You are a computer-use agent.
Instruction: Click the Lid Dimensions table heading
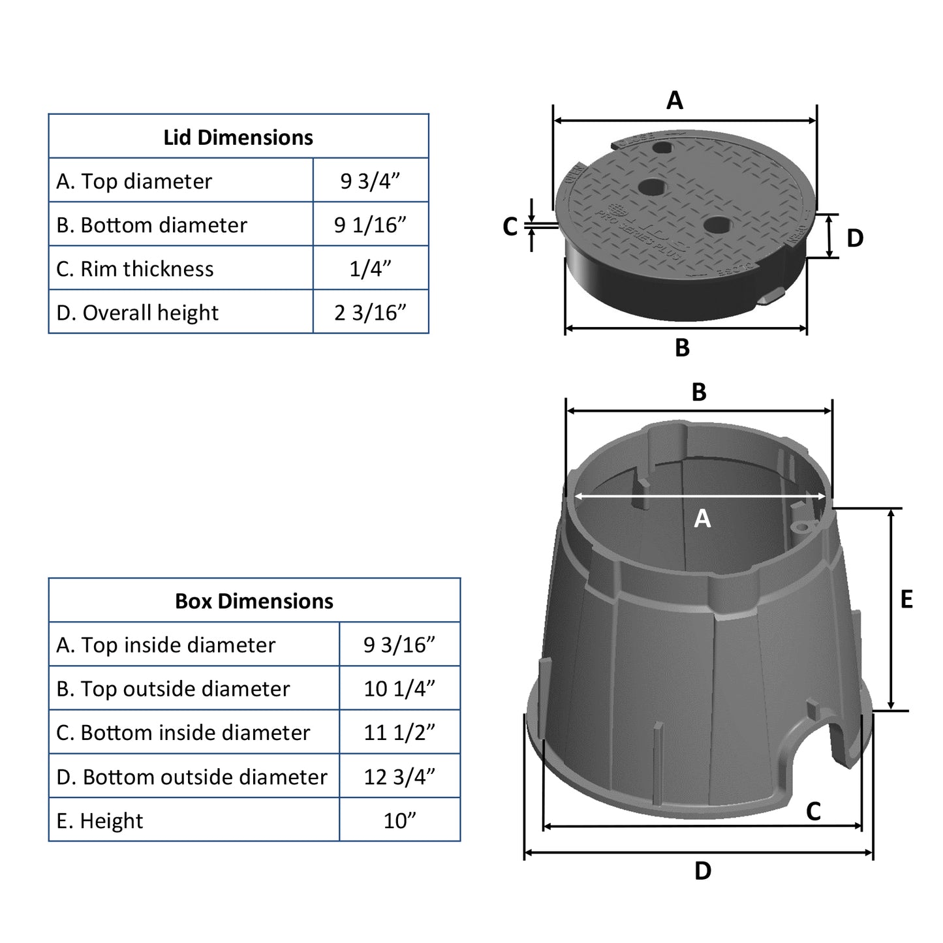pos(238,137)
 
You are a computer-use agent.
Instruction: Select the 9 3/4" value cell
pos(370,181)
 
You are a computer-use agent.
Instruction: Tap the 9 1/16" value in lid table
pos(370,224)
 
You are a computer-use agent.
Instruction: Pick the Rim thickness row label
pos(135,269)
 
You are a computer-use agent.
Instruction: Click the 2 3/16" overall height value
pos(370,313)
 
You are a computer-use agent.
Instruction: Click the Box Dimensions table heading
pos(254,601)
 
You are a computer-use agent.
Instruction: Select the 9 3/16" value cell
pos(399,645)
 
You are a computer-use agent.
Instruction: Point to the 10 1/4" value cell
pos(399,688)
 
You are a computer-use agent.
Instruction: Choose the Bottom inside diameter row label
pos(183,732)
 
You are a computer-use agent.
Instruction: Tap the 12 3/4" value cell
pos(399,777)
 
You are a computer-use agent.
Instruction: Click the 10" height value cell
pos(399,820)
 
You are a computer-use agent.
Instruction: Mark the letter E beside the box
pos(906,599)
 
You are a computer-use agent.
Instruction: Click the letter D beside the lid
pos(855,238)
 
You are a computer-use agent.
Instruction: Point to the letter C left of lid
pos(510,226)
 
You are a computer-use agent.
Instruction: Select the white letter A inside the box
pos(702,518)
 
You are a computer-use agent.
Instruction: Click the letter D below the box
pos(703,871)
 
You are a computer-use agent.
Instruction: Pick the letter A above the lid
pos(675,100)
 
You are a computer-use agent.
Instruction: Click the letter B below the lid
pos(682,348)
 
